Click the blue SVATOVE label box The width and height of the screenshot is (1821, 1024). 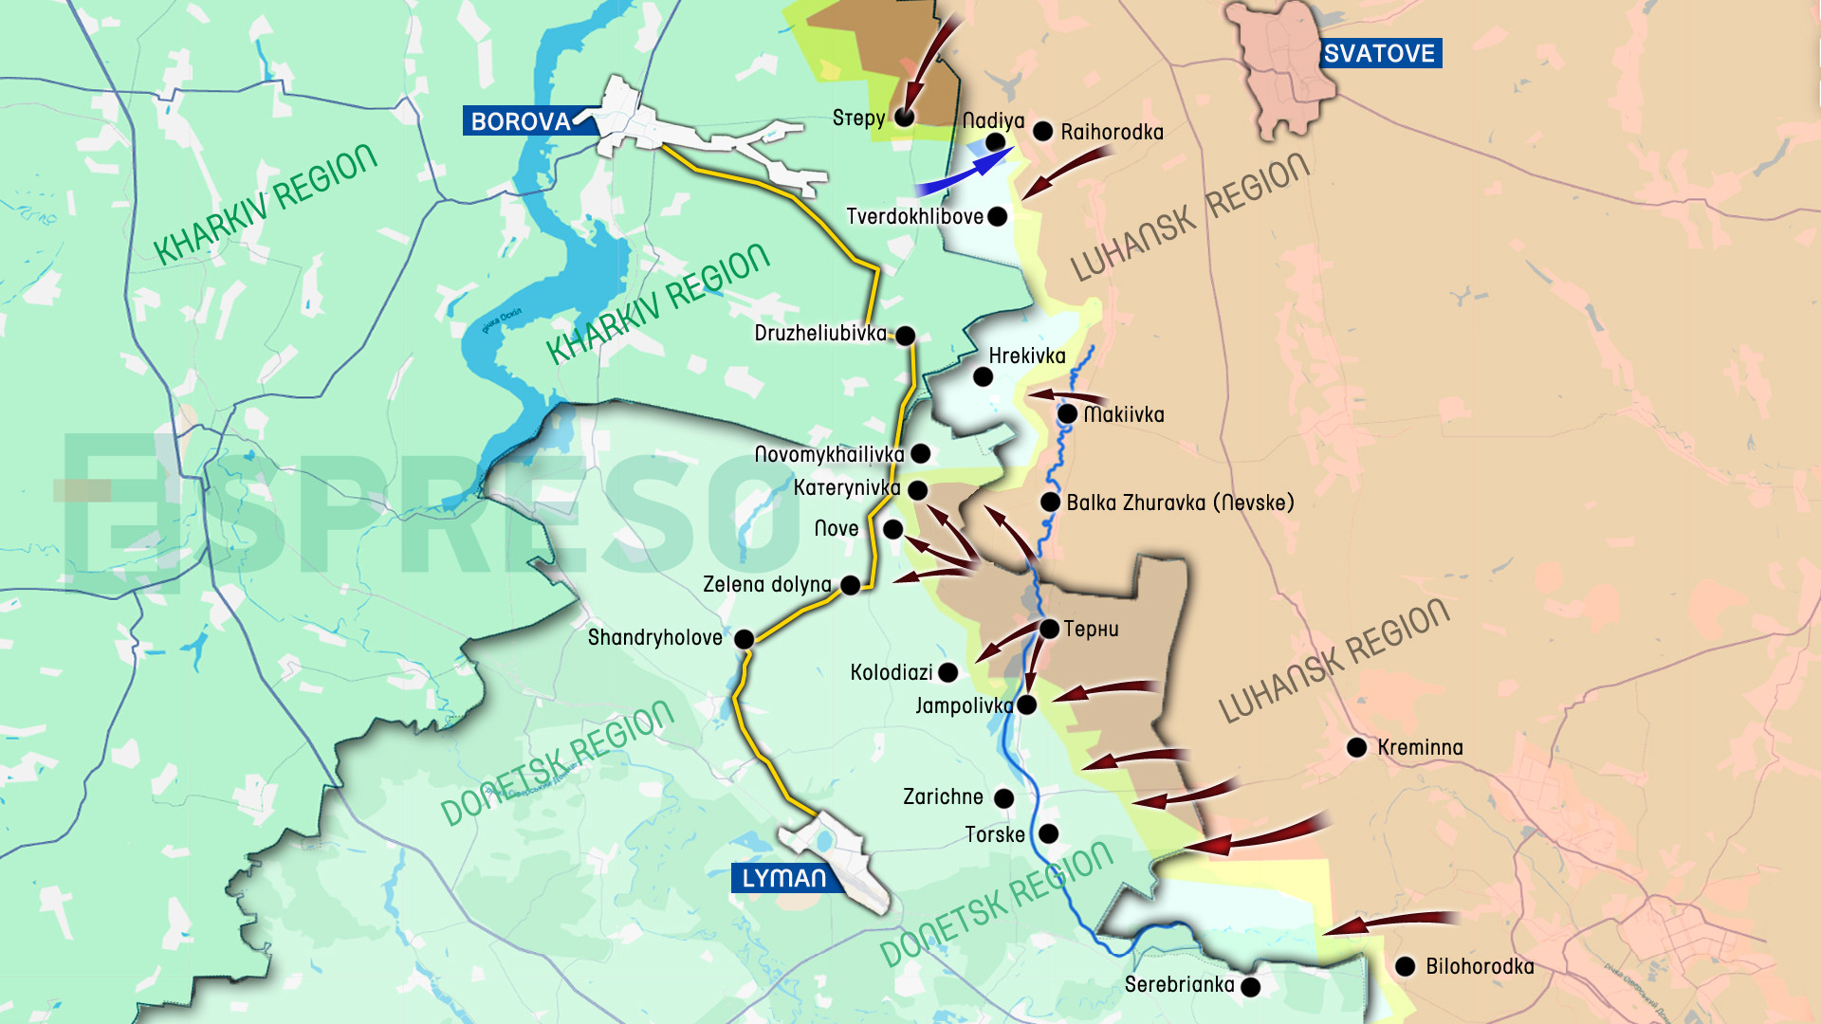pos(1380,54)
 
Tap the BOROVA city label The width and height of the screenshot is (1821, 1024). pos(521,121)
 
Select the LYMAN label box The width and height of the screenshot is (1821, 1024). pos(783,878)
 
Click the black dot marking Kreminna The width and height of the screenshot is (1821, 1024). pos(1356,747)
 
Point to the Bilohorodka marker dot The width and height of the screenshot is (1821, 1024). pos(1405,966)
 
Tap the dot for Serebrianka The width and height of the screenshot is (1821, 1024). pos(1250,987)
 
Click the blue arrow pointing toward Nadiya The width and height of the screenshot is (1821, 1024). pos(963,174)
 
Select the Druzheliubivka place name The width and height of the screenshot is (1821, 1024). pos(820,334)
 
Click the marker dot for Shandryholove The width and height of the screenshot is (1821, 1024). pos(745,639)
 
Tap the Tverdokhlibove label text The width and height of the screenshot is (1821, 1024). pos(914,217)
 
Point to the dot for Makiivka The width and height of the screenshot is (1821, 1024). pos(1067,413)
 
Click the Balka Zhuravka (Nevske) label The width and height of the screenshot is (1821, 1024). pos(1180,503)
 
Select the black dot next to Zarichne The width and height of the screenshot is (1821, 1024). pos(1003,798)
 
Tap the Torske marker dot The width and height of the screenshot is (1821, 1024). pos(1048,833)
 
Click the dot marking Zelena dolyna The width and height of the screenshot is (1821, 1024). pos(851,585)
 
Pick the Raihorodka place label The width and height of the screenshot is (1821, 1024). pos(1112,132)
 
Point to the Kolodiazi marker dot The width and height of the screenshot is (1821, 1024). pos(947,672)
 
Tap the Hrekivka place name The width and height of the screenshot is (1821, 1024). pos(1027,357)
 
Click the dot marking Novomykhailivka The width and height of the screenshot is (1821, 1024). pos(920,453)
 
